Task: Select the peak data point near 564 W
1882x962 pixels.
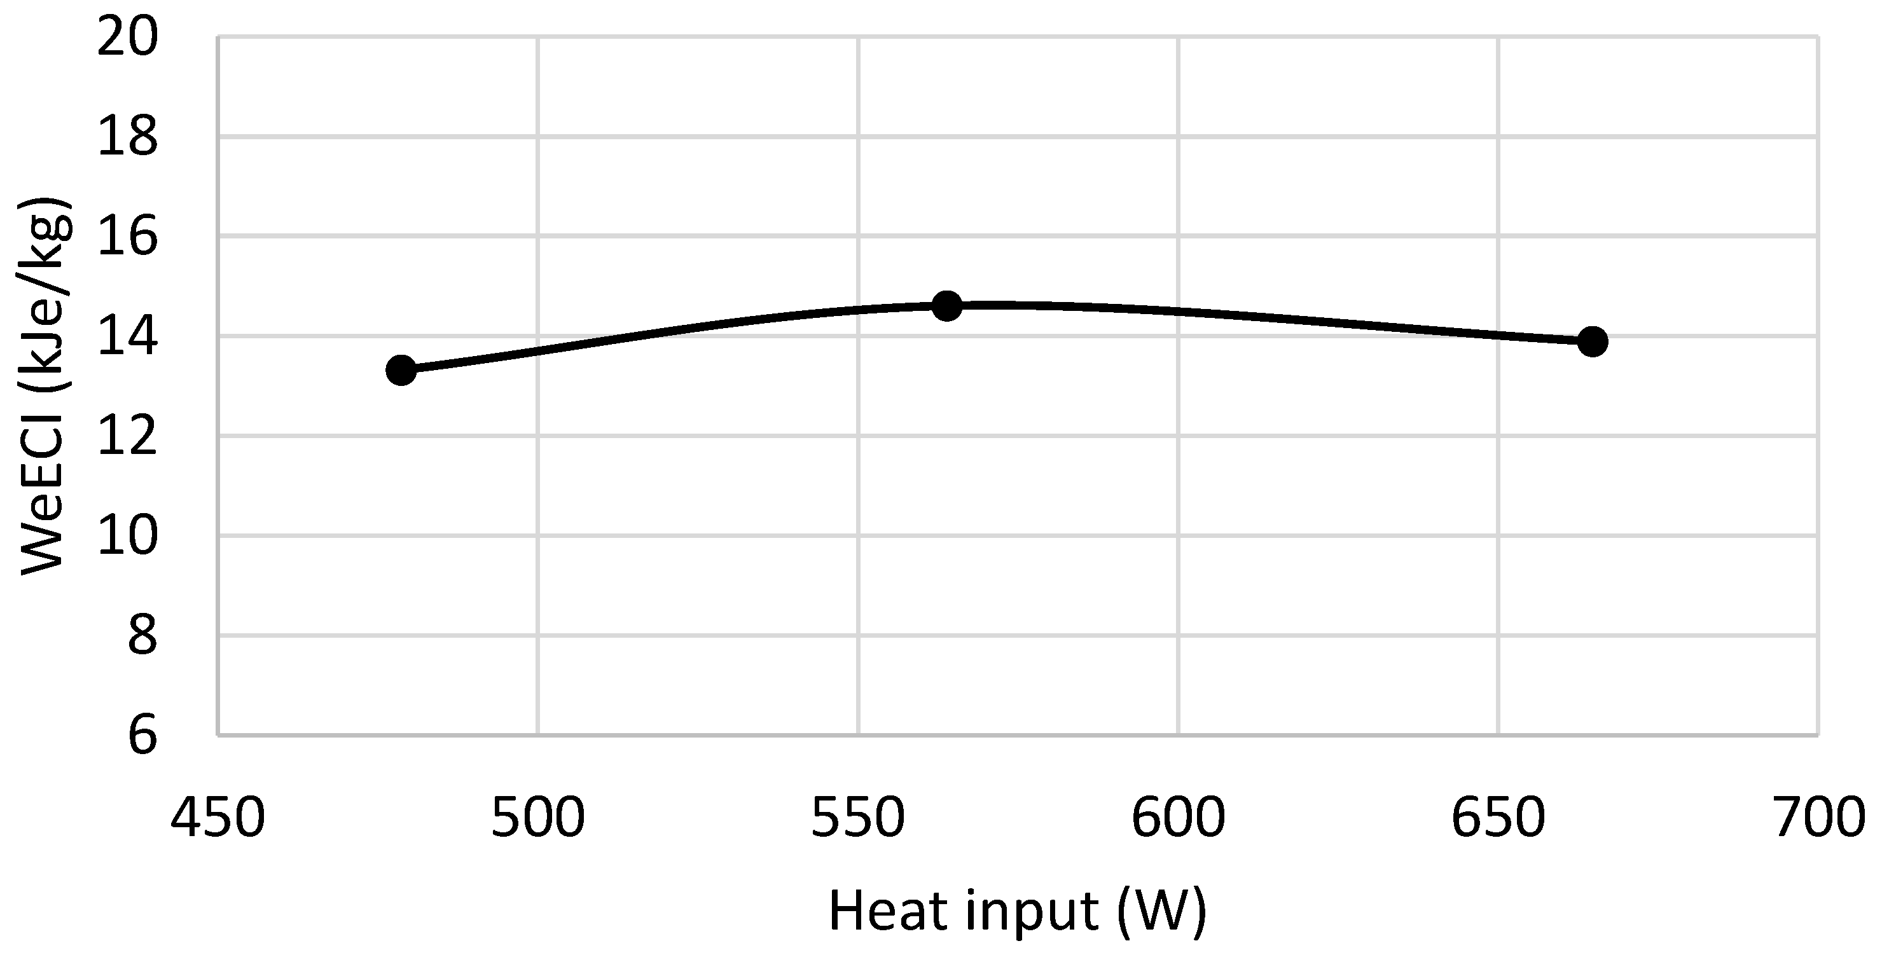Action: pyautogui.click(x=948, y=305)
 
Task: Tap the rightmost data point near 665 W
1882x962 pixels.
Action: pyautogui.click(x=1593, y=341)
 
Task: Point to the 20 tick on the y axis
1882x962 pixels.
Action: pyautogui.click(x=128, y=36)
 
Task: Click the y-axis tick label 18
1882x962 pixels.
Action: pyautogui.click(x=128, y=137)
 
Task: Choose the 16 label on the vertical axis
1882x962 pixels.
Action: pyautogui.click(x=128, y=236)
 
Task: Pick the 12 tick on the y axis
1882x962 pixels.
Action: pyautogui.click(x=128, y=436)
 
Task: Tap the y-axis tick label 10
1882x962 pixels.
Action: pyautogui.click(x=128, y=535)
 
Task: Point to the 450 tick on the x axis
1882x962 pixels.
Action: pyautogui.click(x=217, y=818)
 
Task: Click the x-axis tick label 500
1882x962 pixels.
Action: pyautogui.click(x=537, y=818)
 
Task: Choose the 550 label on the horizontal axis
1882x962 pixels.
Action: pyautogui.click(x=859, y=818)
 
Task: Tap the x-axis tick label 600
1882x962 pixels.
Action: pyautogui.click(x=1179, y=818)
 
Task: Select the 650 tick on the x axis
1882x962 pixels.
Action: pyautogui.click(x=1498, y=818)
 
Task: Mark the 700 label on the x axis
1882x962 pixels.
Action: pyautogui.click(x=1819, y=818)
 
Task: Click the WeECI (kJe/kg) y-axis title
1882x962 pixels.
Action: pyautogui.click(x=45, y=386)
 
